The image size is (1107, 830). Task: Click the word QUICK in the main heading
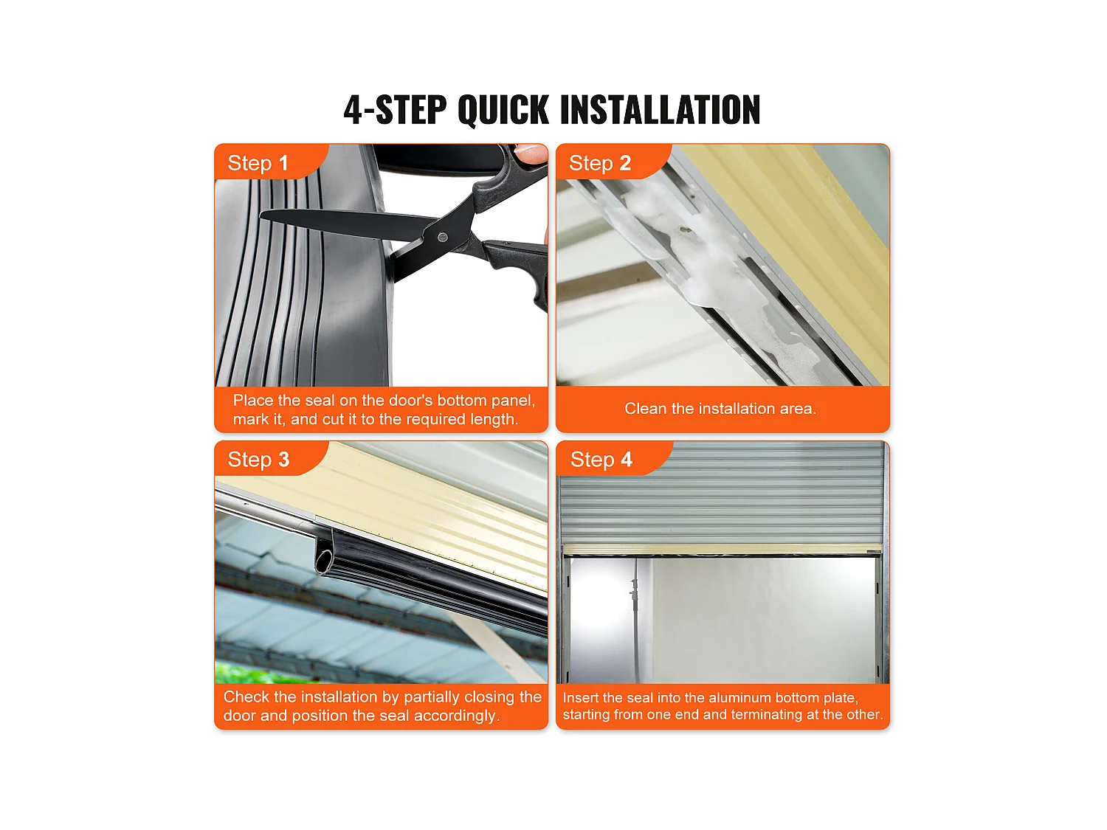click(503, 109)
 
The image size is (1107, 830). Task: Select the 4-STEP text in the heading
click(395, 109)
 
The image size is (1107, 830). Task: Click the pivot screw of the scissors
click(442, 238)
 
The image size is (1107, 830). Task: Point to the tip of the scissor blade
click(261, 215)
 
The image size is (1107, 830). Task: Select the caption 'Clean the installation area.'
click(720, 409)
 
